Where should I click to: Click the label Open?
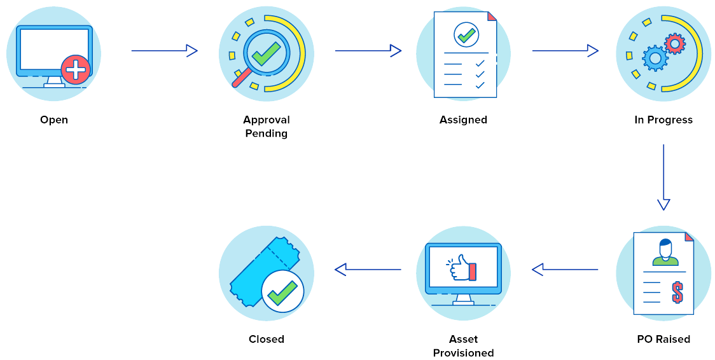[x=54, y=120]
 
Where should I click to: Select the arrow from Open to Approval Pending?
[x=164, y=51]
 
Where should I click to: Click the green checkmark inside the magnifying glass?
[x=265, y=53]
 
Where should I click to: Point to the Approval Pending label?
[x=267, y=127]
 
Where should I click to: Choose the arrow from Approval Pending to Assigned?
[x=368, y=51]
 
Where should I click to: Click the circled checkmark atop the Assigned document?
[x=466, y=34]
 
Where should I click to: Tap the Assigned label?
[x=463, y=120]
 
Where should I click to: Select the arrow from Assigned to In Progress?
[x=565, y=51]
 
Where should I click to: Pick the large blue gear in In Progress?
[x=655, y=59]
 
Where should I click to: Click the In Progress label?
[x=663, y=120]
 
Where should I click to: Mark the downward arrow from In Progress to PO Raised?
[x=663, y=177]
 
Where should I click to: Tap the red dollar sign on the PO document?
[x=677, y=293]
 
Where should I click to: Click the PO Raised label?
[x=663, y=339]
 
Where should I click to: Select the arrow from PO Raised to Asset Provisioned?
[x=565, y=270]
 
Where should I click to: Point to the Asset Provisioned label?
[x=464, y=346]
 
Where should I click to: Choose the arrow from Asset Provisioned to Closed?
[x=368, y=270]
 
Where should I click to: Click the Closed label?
[x=267, y=339]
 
